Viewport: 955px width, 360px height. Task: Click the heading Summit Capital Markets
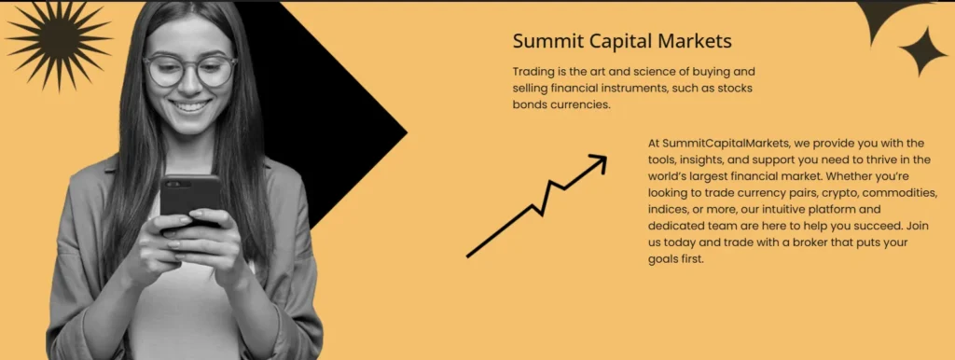[622, 41]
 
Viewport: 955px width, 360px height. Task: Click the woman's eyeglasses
[189, 70]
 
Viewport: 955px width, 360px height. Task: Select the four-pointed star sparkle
[922, 51]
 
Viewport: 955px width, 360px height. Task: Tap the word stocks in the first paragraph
[733, 88]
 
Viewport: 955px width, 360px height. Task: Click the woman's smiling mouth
[191, 106]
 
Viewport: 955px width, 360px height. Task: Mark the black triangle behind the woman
[345, 131]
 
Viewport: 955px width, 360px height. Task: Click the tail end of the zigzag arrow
[469, 255]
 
